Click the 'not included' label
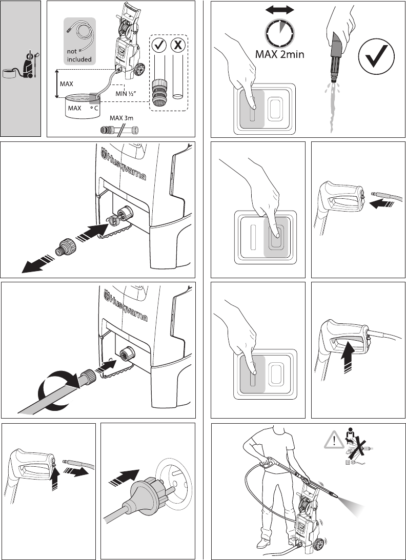pyautogui.click(x=79, y=55)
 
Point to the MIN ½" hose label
pyautogui.click(x=129, y=93)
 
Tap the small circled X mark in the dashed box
pyautogui.click(x=178, y=45)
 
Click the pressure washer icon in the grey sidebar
pyautogui.click(x=31, y=65)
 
